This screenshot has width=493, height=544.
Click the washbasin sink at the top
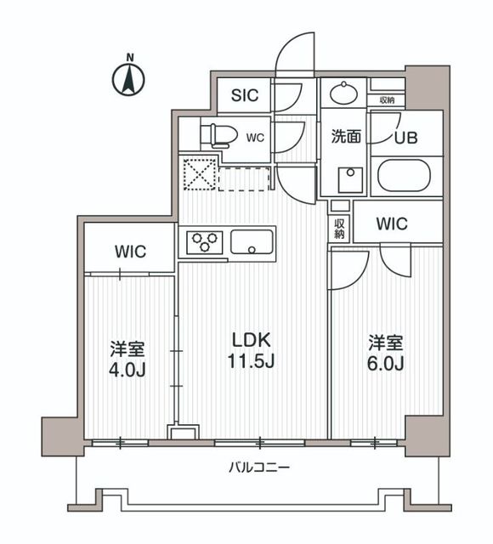344,93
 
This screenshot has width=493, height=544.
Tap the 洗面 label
347,134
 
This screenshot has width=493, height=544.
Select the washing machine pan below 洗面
348,180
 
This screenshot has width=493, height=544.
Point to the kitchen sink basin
252,242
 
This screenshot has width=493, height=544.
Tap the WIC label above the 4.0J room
131,252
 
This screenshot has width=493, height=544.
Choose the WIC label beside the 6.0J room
391,224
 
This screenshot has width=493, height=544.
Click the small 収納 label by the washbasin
387,100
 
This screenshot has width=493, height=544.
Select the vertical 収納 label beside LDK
339,228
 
